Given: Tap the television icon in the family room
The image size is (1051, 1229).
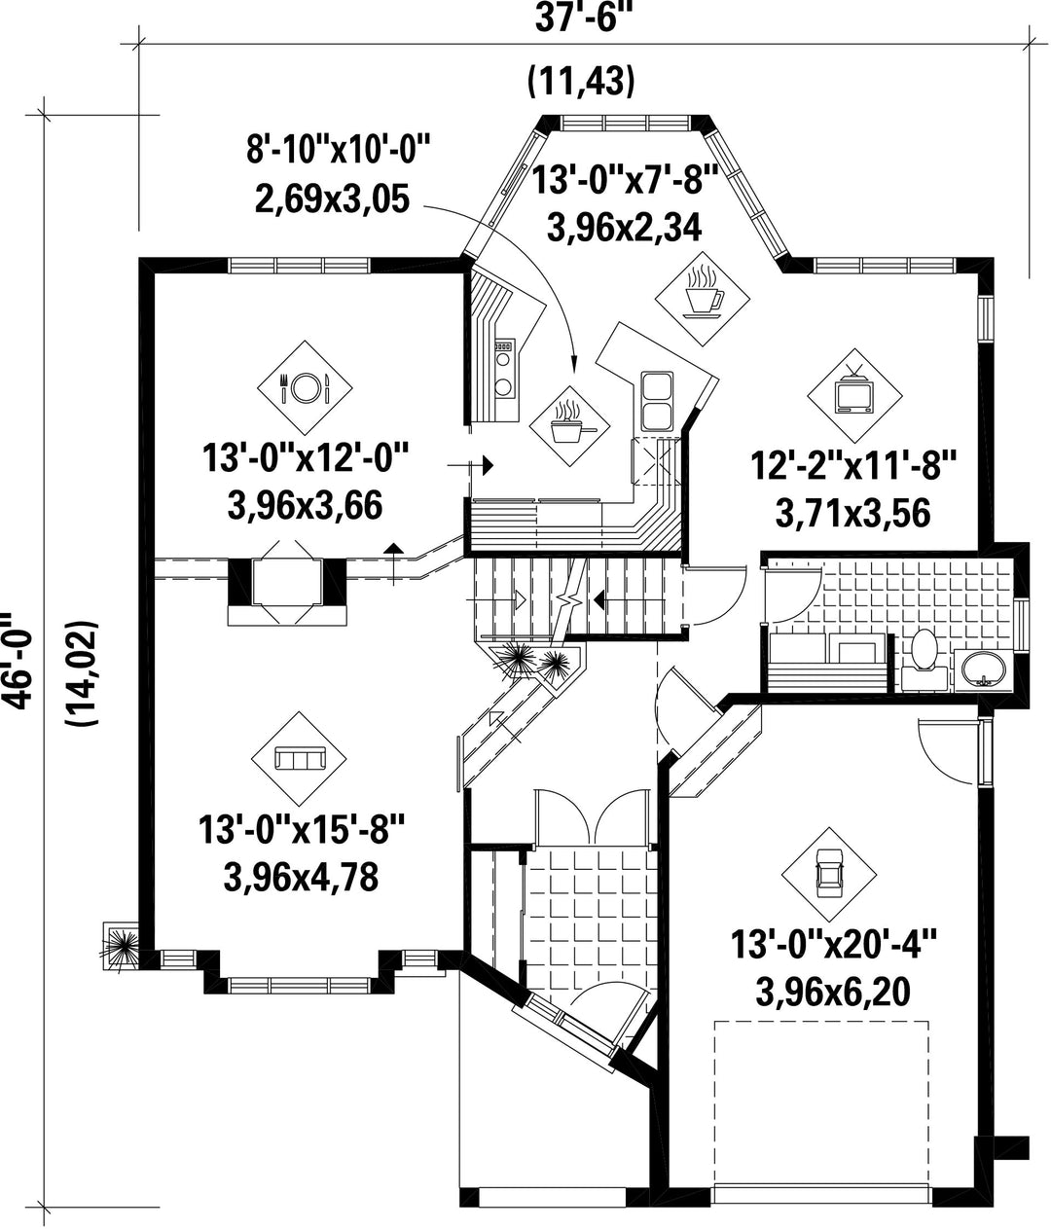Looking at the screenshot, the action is pyautogui.click(x=854, y=395).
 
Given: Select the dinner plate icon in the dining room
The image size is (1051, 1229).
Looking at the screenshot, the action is pyautogui.click(x=304, y=387).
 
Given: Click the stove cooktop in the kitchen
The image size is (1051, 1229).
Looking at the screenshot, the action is pyautogui.click(x=504, y=369).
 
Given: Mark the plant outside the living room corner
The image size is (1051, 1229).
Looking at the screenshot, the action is pyautogui.click(x=122, y=946).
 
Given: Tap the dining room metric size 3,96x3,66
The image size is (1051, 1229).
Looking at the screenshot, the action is pyautogui.click(x=306, y=507).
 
